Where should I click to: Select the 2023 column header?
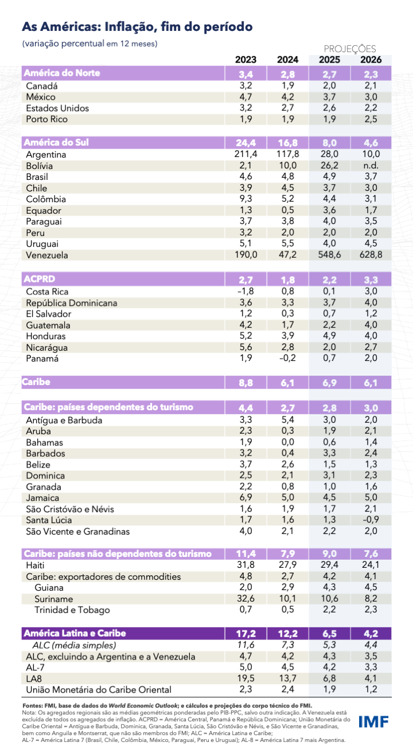246,60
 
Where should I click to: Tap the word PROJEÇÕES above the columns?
350,49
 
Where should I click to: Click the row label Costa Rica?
46,291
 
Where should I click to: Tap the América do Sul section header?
56,142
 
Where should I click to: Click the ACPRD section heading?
38,279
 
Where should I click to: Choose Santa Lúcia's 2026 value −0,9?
369,520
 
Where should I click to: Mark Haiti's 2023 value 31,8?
246,565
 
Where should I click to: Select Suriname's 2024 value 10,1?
287,599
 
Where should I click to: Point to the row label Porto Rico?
46,119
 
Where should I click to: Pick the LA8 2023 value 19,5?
246,678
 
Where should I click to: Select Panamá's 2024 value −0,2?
287,359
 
